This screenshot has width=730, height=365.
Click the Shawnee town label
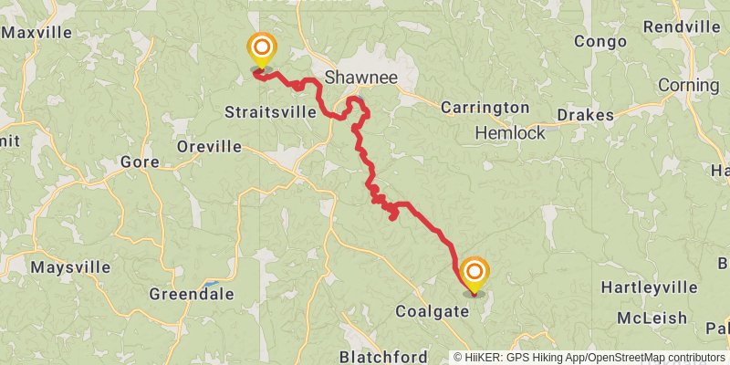pos(362,78)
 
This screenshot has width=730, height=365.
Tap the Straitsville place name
pos(271,112)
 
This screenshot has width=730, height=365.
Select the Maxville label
pos(36,33)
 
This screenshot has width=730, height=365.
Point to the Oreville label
pos(210,146)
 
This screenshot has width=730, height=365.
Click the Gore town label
pos(140,162)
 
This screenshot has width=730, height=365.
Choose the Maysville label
pos(70,268)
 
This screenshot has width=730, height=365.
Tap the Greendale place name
pos(192,295)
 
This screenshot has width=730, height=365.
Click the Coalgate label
pos(432,311)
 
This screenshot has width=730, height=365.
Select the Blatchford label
pos(383,355)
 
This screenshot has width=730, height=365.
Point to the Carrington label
pos(485,108)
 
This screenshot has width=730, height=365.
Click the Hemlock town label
pos(510,133)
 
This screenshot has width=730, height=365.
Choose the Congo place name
pos(600,41)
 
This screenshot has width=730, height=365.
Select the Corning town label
pos(688,86)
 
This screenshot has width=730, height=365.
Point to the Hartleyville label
pos(649,288)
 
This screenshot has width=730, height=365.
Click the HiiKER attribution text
pos(510,357)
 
